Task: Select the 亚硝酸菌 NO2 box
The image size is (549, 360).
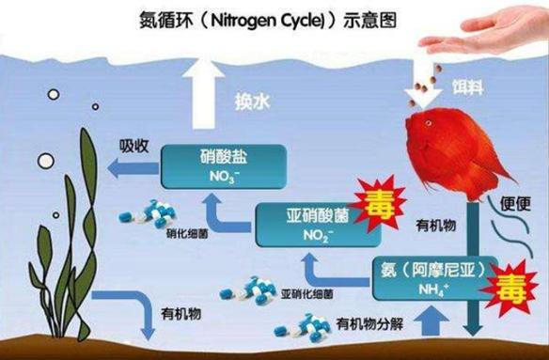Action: click(x=306, y=224)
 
